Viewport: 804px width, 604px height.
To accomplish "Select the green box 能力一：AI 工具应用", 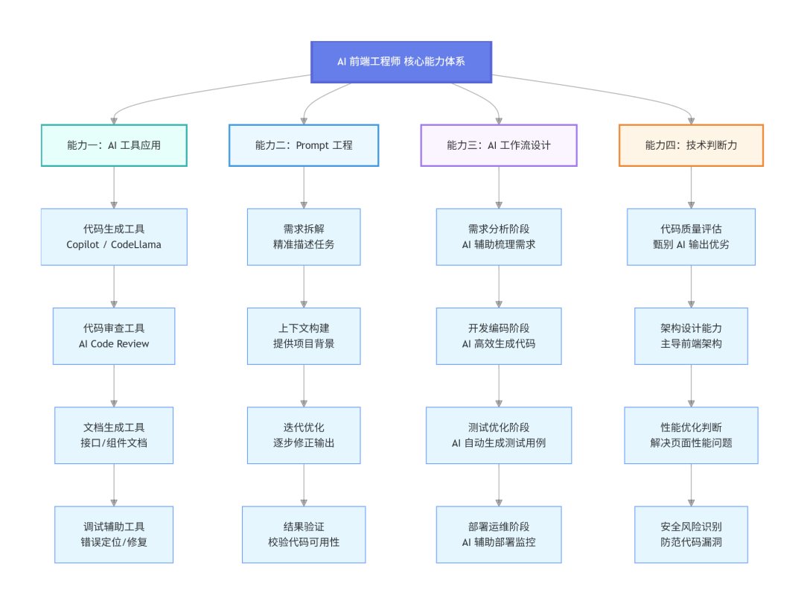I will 113,145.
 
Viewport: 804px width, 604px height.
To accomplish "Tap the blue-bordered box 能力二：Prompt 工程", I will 304,145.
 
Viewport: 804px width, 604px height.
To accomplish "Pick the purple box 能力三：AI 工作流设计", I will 499,145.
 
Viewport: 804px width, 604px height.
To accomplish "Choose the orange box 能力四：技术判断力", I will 691,145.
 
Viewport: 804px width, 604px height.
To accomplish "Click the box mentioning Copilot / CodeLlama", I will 113,236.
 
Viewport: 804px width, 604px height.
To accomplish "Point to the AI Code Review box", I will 113,336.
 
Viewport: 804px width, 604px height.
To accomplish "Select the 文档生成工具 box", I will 113,435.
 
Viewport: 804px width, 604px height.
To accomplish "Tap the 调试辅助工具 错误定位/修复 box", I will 113,534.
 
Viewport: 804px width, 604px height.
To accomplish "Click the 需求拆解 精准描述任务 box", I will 304,236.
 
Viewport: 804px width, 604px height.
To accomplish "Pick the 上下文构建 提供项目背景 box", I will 304,336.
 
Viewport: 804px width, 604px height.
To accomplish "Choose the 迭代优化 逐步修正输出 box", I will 304,435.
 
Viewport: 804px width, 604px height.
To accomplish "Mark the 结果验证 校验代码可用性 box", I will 304,534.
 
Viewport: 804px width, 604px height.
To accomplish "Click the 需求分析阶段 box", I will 499,236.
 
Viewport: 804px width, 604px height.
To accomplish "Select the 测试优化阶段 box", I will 499,435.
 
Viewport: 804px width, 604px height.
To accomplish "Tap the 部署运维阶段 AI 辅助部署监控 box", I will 499,534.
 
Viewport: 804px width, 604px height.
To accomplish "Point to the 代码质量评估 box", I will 691,236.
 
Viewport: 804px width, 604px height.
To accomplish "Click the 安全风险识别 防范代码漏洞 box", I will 691,534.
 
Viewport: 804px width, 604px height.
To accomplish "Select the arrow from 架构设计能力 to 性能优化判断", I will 691,385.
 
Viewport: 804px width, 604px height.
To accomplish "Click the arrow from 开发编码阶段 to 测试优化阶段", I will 499,385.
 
